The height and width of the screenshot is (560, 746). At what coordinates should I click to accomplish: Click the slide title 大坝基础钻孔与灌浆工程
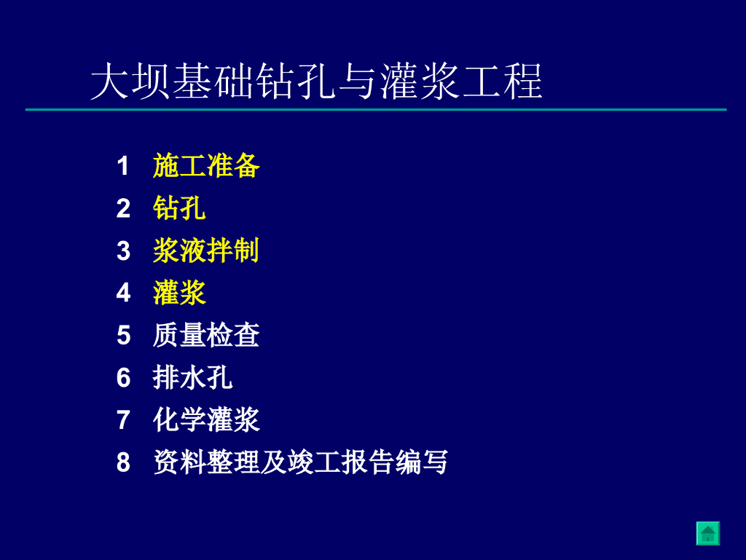tap(316, 82)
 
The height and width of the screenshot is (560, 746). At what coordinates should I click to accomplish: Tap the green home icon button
tap(708, 533)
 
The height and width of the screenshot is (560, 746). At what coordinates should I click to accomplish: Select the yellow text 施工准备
tap(206, 166)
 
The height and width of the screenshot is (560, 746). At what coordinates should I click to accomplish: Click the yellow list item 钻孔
tap(179, 208)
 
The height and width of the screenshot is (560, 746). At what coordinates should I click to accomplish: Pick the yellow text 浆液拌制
tap(206, 251)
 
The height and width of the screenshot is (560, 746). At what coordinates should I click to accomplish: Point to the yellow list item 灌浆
tap(179, 293)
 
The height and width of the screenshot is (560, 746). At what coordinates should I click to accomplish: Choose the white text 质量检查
tap(206, 335)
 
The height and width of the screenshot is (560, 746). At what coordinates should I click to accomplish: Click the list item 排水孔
tap(192, 377)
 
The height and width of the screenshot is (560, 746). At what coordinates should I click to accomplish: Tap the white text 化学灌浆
tap(206, 419)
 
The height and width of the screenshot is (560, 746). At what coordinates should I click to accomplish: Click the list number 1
tap(123, 166)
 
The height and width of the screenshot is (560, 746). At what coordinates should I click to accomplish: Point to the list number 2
tap(123, 209)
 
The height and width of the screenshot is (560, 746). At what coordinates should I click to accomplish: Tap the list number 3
tap(123, 251)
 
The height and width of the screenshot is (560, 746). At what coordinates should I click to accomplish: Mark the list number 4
tap(123, 293)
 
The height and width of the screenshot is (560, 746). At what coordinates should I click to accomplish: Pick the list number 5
tap(123, 336)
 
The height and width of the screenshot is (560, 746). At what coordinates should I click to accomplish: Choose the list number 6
tap(123, 378)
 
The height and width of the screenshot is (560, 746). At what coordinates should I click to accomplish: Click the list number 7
tap(123, 420)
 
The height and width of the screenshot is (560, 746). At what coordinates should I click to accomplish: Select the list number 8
tap(123, 462)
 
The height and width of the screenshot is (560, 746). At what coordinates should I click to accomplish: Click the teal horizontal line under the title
tap(376, 109)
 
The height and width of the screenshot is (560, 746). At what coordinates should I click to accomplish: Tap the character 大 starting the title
tap(109, 82)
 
